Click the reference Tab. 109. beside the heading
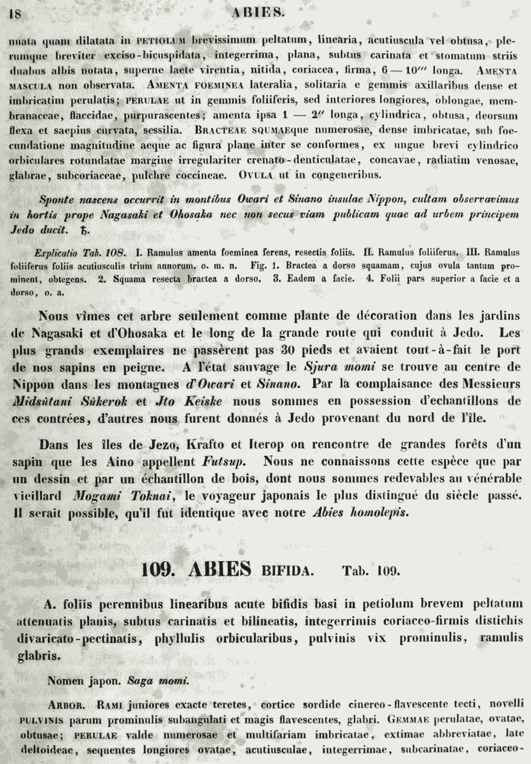coord(371,571)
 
